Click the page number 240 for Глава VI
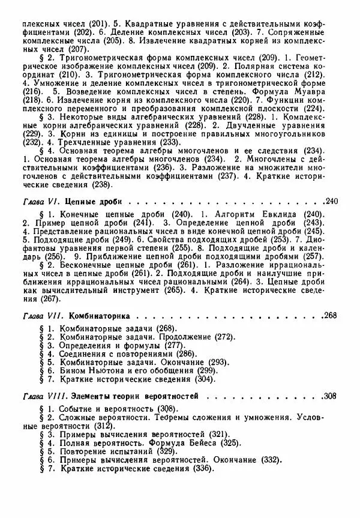coord(331,200)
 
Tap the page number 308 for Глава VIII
coord(331,397)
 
